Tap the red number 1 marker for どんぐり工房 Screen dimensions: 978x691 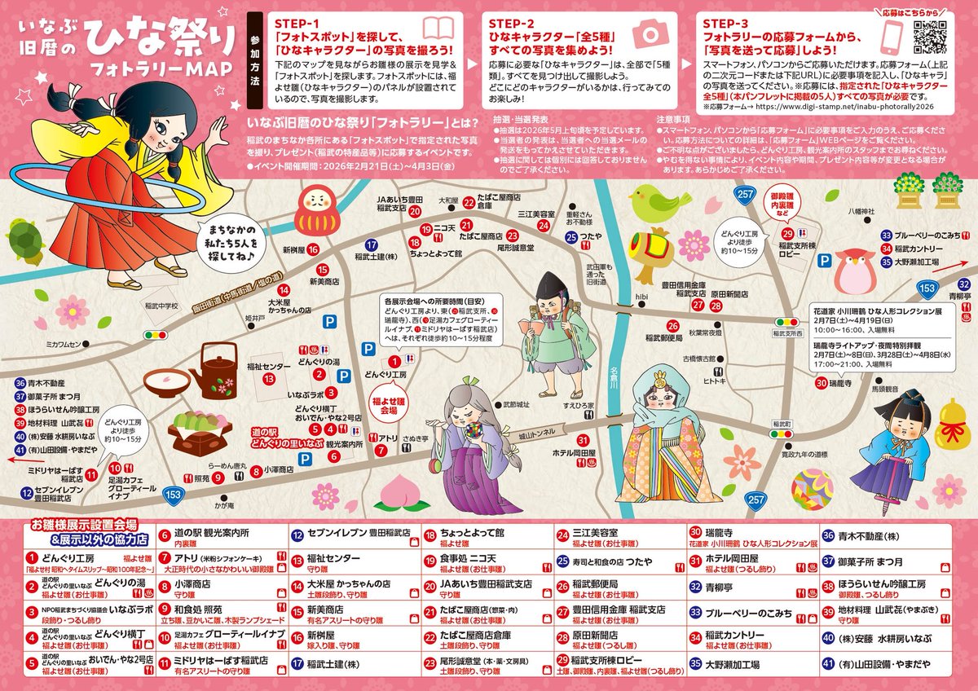pos(394,360)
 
